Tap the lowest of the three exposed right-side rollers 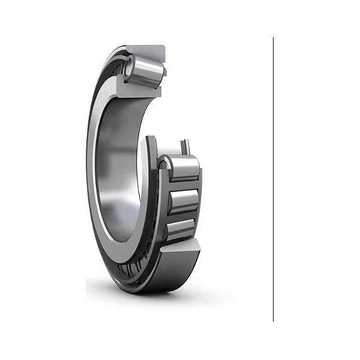pyautogui.click(x=181, y=229)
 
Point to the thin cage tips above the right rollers pyautogui.click(x=186, y=146)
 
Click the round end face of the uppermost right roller pyautogui.click(x=164, y=166)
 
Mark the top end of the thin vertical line pyautogui.click(x=273, y=38)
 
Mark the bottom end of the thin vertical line pyautogui.click(x=273, y=321)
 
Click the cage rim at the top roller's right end pyautogui.click(x=164, y=72)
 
